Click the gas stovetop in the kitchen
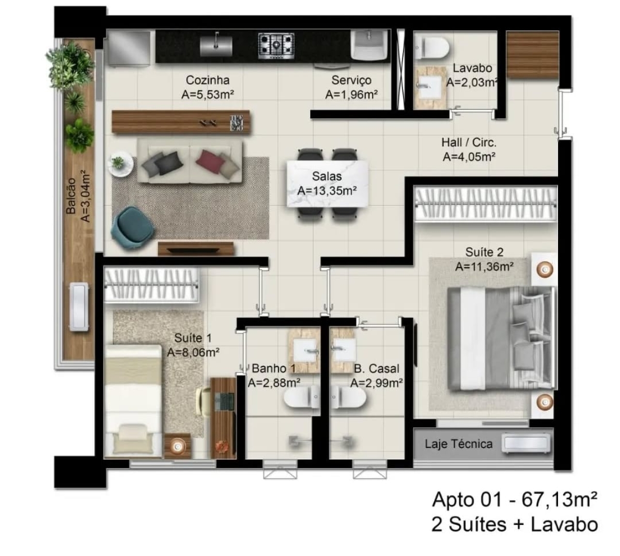pos(276,44)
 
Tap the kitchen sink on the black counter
pos(217,44)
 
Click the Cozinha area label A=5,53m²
pos(208,95)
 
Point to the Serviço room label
pos(351,80)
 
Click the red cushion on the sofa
pos(210,158)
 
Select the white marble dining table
pos(328,183)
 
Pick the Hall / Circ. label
pos(469,143)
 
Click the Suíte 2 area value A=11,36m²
pos(484,267)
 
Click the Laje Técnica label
pos(458,443)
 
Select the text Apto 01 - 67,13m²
pos(515,500)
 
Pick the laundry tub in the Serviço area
pos(370,45)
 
